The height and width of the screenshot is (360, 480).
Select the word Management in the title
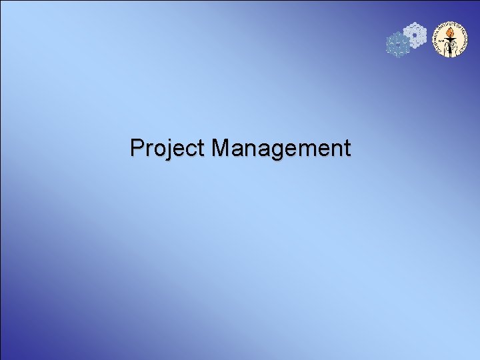pos(281,148)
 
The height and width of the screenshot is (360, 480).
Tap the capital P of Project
pos(137,147)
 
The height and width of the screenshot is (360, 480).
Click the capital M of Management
pos(221,147)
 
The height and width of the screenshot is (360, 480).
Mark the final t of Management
pos(346,148)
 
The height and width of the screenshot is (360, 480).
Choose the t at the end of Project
pos(201,148)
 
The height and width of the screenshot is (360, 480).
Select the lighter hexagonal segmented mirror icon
pos(415,35)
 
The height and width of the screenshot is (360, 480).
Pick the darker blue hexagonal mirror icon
pos(398,44)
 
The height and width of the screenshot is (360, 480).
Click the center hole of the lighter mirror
pos(415,35)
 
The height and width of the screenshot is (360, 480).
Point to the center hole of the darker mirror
pos(398,44)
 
